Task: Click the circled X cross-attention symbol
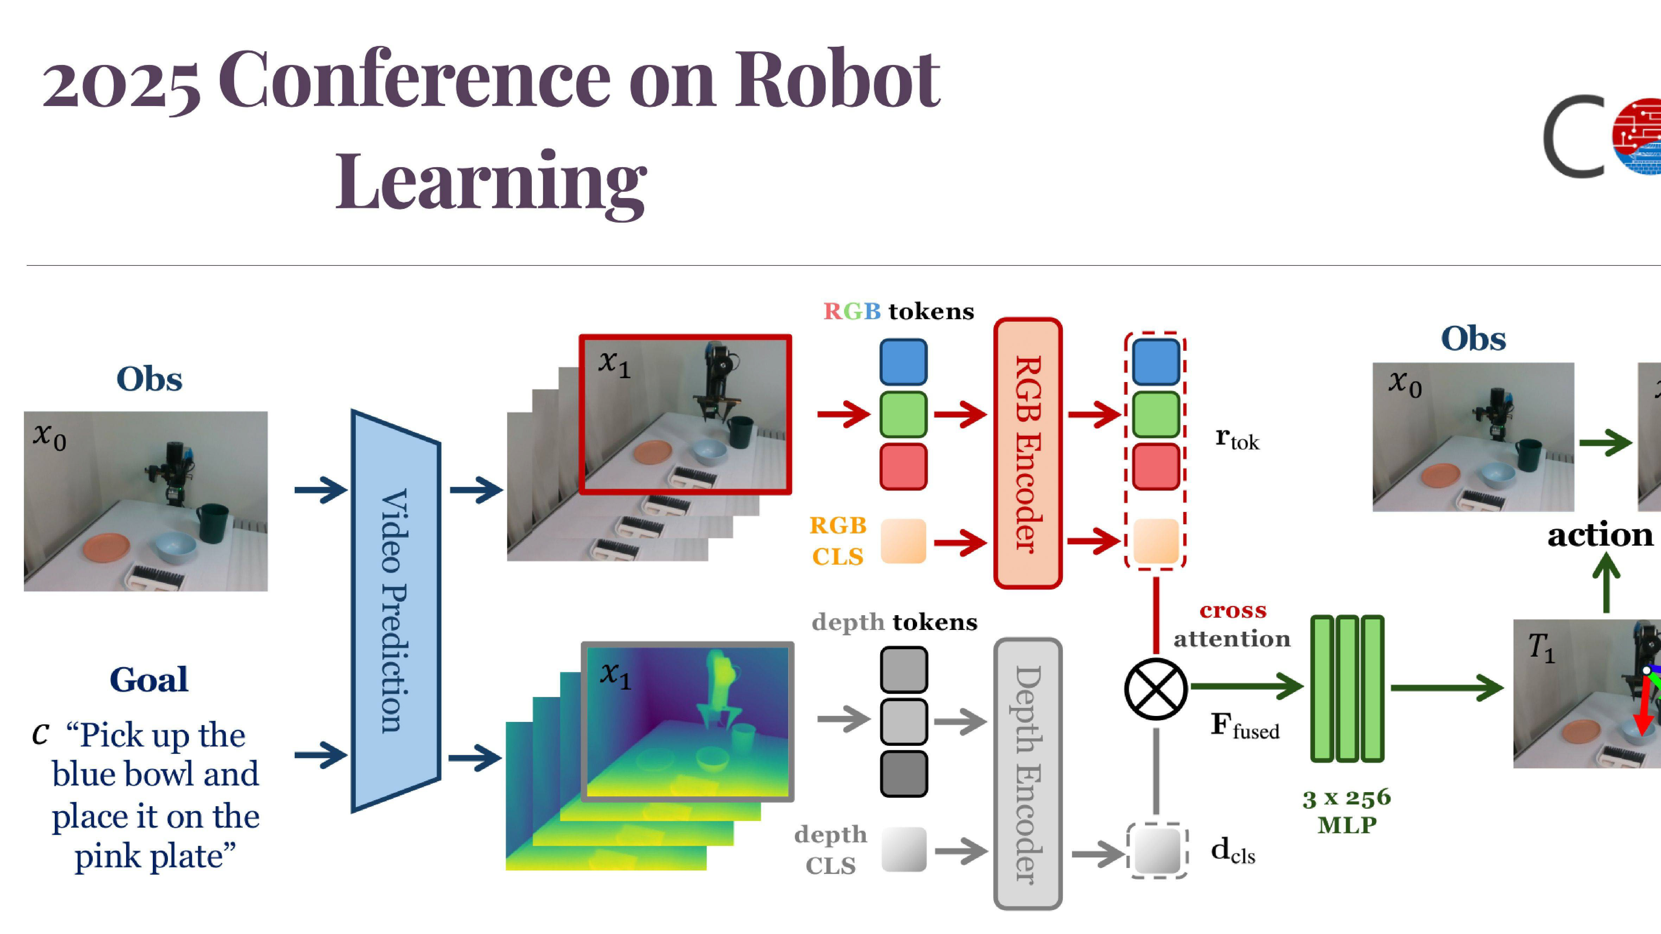1156,689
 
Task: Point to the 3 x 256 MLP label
1347,811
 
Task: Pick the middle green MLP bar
1347,689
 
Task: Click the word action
1600,535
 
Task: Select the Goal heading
149,679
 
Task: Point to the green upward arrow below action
1606,583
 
